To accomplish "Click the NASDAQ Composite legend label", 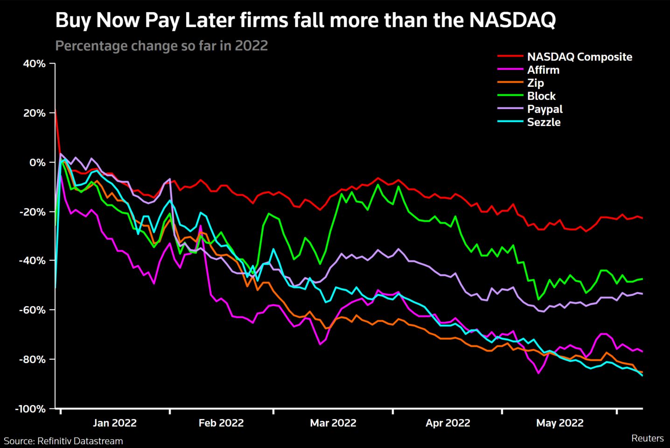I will (579, 57).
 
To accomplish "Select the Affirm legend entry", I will (543, 70).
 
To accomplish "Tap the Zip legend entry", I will (536, 83).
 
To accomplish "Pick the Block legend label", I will (541, 96).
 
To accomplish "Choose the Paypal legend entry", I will (544, 109).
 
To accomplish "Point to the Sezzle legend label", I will (544, 122).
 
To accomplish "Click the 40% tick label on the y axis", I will (34, 64).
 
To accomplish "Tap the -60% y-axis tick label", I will (32, 310).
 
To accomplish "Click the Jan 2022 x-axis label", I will (114, 423).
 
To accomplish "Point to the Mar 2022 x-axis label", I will (333, 423).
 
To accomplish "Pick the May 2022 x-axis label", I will (559, 423).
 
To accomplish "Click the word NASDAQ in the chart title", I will (512, 21).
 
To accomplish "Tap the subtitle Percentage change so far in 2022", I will (161, 46).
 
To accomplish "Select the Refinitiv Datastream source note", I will (63, 441).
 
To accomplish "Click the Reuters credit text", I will (647, 438).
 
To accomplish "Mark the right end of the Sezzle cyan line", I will (642, 375).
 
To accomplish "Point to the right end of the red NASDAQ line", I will (642, 218).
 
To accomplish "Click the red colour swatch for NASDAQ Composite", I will (510, 57).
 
